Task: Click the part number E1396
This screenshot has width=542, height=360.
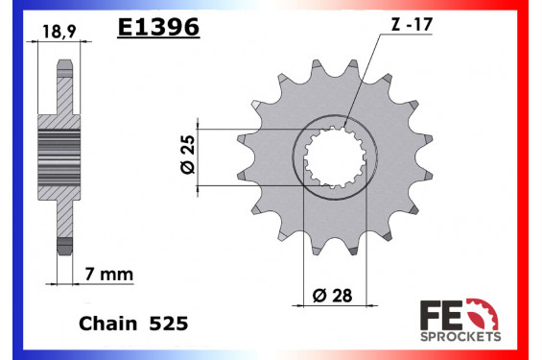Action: [x=157, y=29]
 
